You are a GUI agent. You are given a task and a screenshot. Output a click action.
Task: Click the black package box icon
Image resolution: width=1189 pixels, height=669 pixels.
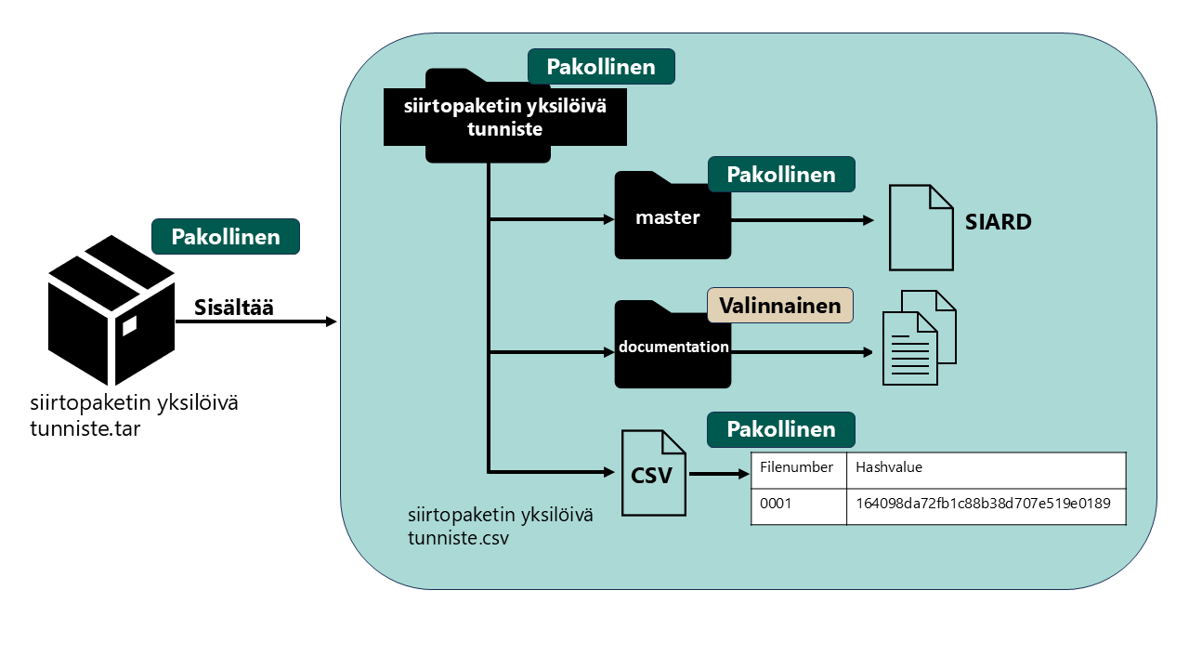(111, 310)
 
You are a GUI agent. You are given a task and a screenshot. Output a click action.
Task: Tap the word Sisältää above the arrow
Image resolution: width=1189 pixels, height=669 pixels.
(233, 308)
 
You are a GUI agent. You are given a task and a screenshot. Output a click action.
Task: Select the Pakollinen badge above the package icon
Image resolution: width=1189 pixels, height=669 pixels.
(226, 237)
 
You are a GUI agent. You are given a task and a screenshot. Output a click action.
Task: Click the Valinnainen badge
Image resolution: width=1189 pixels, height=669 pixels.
(780, 305)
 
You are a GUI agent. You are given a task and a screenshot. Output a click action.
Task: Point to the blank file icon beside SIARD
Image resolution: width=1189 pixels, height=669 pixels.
(921, 228)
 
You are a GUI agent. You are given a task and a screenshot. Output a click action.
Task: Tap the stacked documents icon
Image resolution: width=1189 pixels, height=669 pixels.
(918, 337)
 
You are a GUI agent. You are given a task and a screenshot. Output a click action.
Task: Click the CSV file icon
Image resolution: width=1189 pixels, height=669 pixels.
(654, 473)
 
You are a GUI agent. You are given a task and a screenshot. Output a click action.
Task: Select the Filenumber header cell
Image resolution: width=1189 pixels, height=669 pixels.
(798, 468)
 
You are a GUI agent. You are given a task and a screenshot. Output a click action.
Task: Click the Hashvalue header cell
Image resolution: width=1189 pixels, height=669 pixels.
(986, 468)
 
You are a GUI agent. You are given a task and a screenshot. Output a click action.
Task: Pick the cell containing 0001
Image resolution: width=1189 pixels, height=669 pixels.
(798, 505)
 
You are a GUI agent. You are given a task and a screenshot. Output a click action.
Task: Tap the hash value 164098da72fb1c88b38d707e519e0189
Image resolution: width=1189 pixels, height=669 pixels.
(984, 505)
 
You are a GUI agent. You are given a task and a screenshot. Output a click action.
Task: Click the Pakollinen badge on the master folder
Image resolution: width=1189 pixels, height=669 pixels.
(781, 175)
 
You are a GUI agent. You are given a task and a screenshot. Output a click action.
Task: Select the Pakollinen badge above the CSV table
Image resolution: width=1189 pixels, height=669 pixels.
(781, 430)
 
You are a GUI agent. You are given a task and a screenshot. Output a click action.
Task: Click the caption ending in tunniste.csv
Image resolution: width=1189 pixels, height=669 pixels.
(500, 527)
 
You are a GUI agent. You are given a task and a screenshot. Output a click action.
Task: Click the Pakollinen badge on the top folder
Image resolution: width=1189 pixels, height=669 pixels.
(601, 67)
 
